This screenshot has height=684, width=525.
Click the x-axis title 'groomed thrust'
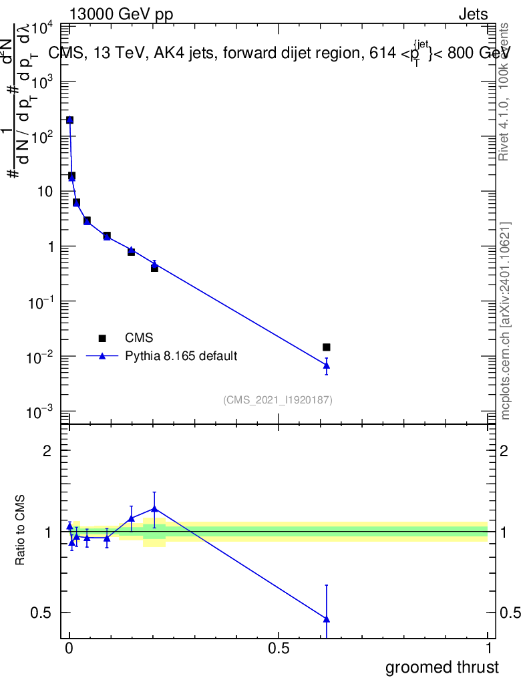pos(442,667)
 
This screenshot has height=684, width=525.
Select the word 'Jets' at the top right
pos(472,15)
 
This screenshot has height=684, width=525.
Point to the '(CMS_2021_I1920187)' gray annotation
pos(278,399)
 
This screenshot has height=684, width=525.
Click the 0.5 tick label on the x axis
pos(279,649)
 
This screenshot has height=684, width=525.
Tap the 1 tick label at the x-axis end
pos(488,649)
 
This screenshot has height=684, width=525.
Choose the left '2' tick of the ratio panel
pos(47,451)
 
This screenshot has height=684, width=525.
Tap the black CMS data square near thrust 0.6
pos(327,347)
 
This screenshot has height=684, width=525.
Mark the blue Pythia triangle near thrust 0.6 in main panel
pos(327,365)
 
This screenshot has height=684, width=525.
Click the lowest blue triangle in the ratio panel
pos(327,619)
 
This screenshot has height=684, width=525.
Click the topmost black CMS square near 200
pos(69,120)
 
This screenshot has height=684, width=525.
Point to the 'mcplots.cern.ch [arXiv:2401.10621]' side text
pos(506,321)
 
